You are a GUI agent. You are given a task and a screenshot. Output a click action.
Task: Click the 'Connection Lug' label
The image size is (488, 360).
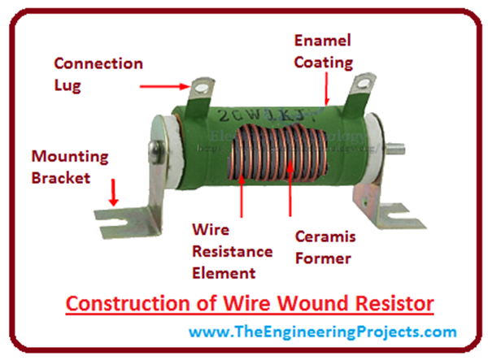(98, 74)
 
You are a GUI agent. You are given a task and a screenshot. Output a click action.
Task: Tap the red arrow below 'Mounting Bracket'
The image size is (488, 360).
(114, 192)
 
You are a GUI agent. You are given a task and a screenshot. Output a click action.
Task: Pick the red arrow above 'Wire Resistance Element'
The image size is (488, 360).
(240, 190)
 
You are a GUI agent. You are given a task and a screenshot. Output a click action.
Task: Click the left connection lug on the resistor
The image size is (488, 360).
(198, 97)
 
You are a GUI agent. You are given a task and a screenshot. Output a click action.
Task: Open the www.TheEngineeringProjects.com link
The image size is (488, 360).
(311, 332)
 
